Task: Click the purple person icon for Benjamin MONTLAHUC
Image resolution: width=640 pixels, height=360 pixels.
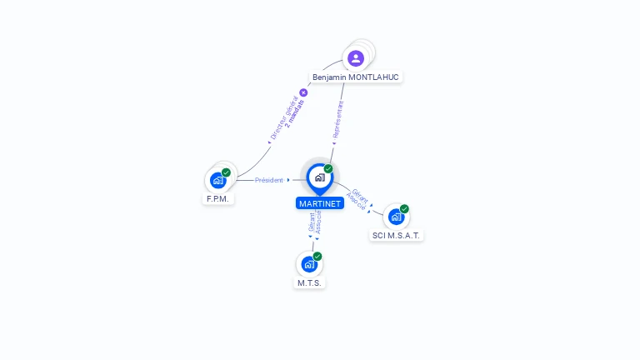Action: coord(356,57)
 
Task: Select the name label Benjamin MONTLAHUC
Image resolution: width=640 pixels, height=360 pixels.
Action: coord(356,77)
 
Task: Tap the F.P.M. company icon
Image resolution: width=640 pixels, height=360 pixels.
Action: coord(217,180)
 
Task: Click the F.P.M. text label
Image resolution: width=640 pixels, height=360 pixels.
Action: coord(218,199)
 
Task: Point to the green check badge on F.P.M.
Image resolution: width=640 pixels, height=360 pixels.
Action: coord(226,172)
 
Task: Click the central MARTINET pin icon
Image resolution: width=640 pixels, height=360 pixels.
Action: coord(319,177)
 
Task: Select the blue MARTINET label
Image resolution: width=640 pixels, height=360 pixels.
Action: coord(320,203)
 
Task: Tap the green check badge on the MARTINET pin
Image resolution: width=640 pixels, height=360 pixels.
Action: coord(328,168)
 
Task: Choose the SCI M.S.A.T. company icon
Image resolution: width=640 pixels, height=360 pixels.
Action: coord(396,217)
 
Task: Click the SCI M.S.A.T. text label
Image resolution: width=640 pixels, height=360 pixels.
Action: coord(397,236)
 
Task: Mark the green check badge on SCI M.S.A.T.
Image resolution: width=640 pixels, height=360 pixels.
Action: coord(404,209)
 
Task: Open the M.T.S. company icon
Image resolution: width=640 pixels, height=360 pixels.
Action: coord(309,264)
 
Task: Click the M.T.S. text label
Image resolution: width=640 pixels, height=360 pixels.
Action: coord(310,283)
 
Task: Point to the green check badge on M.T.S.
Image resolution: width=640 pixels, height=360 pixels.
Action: coord(317,257)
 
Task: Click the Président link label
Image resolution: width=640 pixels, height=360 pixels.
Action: coord(269,180)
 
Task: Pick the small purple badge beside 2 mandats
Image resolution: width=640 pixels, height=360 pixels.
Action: coord(303,92)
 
